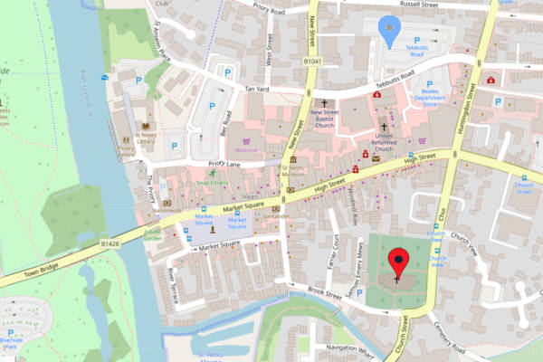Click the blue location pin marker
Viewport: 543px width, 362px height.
pyautogui.click(x=389, y=31)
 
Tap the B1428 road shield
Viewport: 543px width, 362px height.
pyautogui.click(x=110, y=243)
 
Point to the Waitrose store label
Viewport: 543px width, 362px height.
pyautogui.click(x=246, y=150)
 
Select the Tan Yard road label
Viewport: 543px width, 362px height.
pyautogui.click(x=258, y=89)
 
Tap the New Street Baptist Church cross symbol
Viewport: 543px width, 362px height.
pyautogui.click(x=323, y=103)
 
